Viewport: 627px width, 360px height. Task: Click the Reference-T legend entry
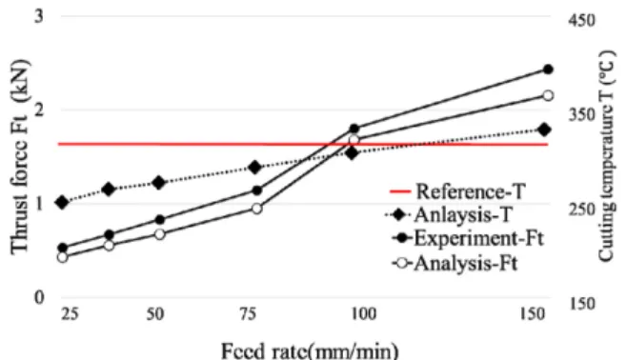click(457, 191)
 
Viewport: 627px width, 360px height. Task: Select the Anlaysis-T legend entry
click(449, 214)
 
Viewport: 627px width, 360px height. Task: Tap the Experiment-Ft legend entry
click(468, 238)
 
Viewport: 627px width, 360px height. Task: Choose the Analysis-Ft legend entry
click(455, 263)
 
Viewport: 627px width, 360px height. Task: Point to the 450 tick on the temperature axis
click(581, 20)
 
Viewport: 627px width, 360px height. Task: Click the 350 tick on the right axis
click(581, 114)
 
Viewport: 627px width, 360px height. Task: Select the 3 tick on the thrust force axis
click(39, 16)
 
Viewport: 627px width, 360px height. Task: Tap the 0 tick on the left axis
click(39, 297)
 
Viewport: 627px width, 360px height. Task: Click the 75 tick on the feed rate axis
click(248, 314)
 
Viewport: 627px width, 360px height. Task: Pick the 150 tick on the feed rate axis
click(533, 314)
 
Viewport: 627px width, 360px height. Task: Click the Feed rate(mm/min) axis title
click(310, 350)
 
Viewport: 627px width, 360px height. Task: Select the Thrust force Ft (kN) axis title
click(20, 156)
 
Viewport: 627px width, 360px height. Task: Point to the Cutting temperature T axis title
click(606, 156)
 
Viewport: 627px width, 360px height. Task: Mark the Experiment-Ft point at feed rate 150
click(548, 70)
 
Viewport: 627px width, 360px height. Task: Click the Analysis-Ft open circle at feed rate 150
click(548, 95)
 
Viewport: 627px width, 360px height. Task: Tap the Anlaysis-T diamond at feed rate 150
click(544, 130)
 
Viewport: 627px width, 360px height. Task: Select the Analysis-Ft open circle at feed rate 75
click(257, 209)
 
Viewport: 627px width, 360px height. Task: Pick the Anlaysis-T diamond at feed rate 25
click(62, 202)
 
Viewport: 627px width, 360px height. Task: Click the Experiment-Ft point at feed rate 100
click(354, 129)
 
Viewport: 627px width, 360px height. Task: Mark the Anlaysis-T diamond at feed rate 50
click(159, 183)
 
